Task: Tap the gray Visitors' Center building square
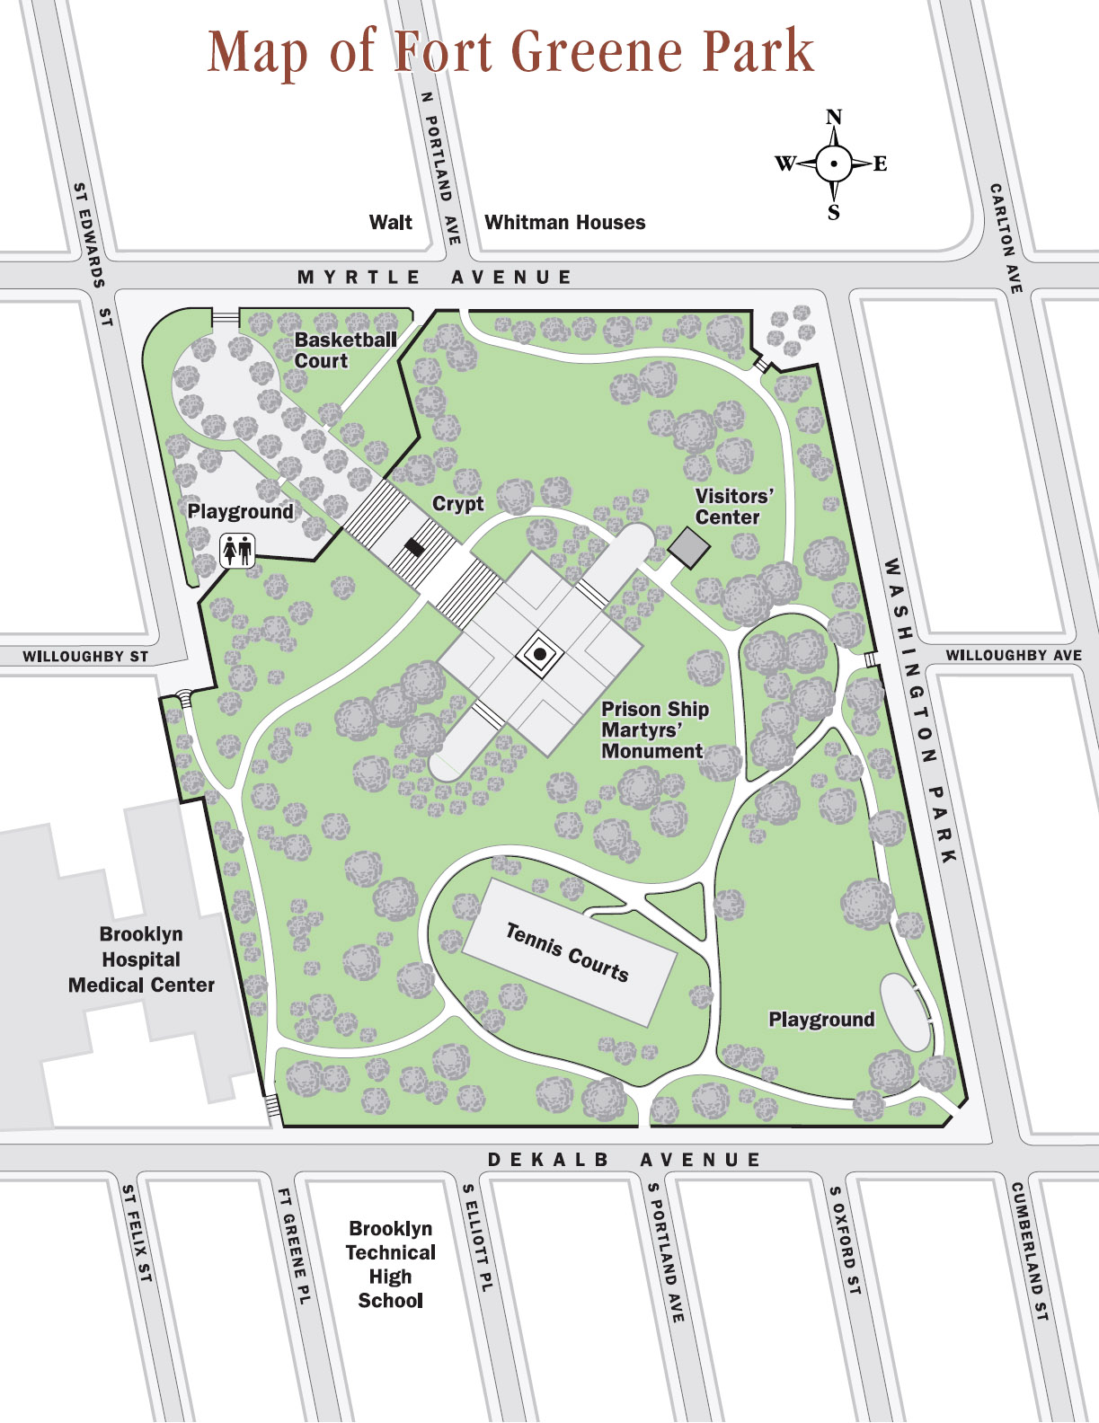click(x=689, y=547)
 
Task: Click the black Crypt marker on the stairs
click(x=414, y=547)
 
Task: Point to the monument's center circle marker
click(x=540, y=655)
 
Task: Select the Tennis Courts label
click(x=567, y=952)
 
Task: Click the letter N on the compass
click(x=834, y=117)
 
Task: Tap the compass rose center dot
click(x=834, y=164)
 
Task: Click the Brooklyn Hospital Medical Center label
click(x=141, y=959)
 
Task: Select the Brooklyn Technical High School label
click(x=391, y=1264)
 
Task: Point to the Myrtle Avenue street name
click(x=435, y=277)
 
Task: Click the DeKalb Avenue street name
click(x=625, y=1160)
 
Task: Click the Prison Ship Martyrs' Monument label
click(x=655, y=730)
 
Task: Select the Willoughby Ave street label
click(x=1013, y=656)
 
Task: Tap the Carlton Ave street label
click(x=1006, y=238)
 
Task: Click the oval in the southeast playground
click(x=905, y=1012)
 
